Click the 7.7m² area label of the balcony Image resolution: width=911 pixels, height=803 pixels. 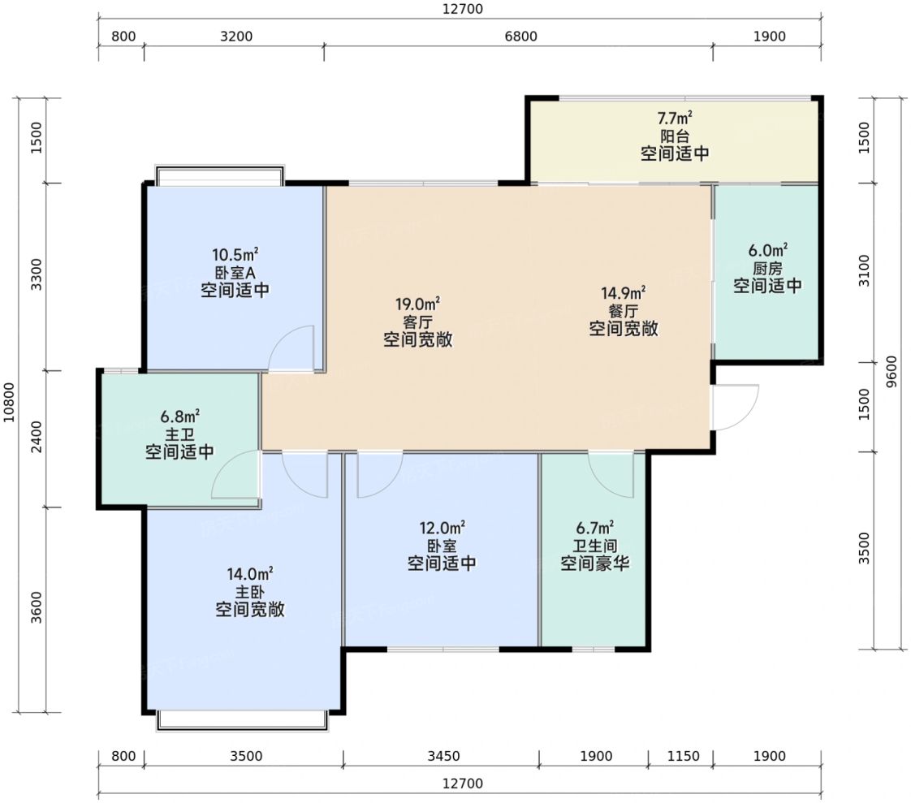click(675, 118)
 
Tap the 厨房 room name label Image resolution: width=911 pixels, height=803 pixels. click(767, 269)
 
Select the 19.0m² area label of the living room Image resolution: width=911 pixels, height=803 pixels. click(417, 304)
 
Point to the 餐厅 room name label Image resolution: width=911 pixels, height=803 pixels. click(624, 311)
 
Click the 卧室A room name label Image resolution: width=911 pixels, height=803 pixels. click(235, 273)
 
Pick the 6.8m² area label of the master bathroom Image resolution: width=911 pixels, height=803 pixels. click(180, 417)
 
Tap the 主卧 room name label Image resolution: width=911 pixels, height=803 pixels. click(250, 593)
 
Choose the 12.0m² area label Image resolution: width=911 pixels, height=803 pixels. click(443, 529)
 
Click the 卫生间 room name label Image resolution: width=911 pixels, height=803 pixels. click(595, 546)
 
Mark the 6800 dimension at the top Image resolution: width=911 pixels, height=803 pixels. click(520, 36)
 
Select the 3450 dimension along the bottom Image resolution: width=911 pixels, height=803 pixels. click(443, 756)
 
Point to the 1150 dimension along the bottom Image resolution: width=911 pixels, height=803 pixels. click(684, 756)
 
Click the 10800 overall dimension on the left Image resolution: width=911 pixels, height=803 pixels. click(9, 402)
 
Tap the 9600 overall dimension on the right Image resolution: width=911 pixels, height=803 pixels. click(891, 372)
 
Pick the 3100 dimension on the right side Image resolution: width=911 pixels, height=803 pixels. click(865, 270)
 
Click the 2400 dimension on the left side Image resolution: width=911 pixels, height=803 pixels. click(37, 437)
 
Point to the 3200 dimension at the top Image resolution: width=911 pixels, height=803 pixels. click(236, 36)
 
